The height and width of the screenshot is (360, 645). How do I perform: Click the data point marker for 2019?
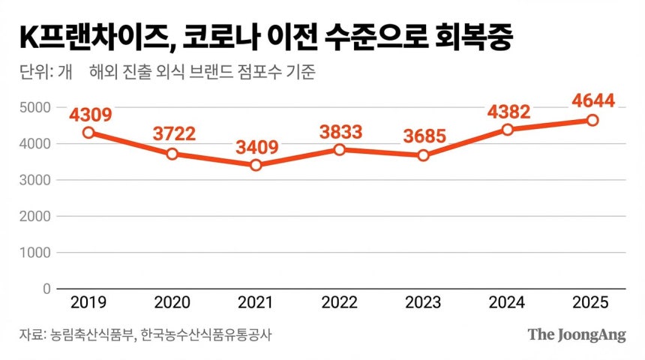88,132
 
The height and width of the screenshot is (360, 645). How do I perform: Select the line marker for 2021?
256,165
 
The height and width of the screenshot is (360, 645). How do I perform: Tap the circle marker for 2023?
424,155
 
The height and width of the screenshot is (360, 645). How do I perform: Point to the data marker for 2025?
592,120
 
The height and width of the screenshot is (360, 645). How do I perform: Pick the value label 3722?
173,134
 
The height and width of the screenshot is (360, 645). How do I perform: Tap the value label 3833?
340,132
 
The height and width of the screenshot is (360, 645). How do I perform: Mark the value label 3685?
424,136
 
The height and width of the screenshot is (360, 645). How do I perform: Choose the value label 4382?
508,112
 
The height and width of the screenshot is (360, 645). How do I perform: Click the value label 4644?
592,100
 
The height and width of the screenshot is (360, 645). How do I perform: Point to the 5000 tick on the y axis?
35,107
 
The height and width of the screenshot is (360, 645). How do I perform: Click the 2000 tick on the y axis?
35,216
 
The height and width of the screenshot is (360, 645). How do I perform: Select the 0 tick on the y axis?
46,289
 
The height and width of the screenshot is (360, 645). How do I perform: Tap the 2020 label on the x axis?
172,302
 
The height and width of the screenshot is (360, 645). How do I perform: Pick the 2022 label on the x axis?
340,302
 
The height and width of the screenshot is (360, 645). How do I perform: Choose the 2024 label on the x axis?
508,302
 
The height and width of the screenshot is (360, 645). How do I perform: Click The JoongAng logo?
576,334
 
